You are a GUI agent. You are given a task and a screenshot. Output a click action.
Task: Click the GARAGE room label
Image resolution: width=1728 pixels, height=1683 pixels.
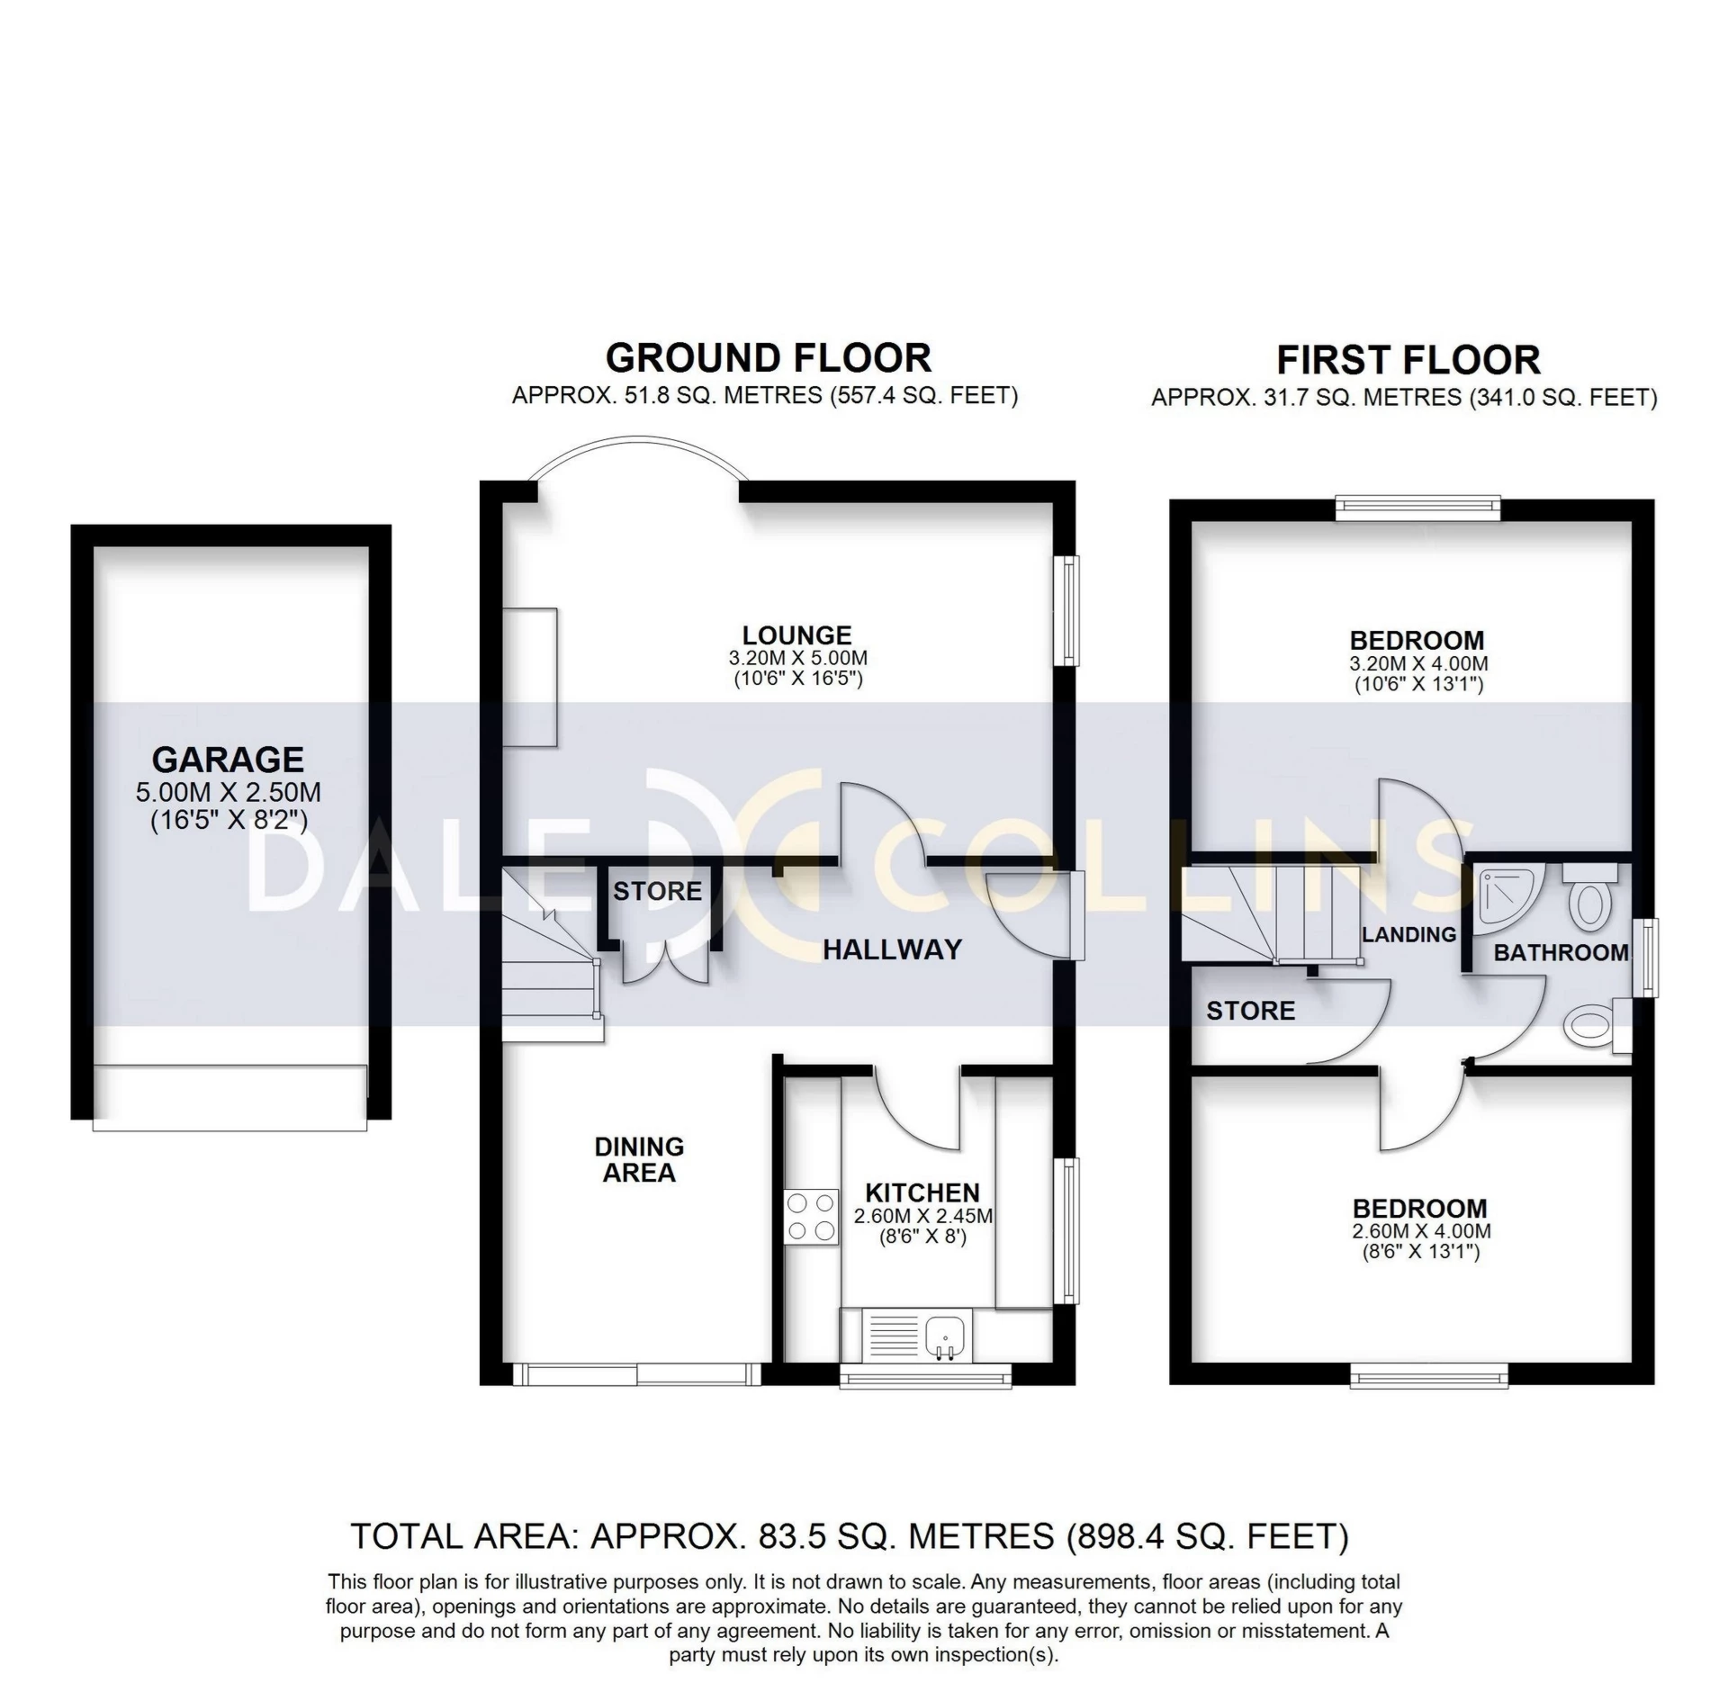tap(228, 760)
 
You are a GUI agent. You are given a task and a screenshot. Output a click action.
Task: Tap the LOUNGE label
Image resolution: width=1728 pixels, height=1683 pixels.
tap(796, 635)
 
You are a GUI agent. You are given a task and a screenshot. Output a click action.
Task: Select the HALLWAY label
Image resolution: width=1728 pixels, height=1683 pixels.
tap(892, 949)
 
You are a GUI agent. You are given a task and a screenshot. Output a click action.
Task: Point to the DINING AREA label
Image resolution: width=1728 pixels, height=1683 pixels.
tap(639, 1159)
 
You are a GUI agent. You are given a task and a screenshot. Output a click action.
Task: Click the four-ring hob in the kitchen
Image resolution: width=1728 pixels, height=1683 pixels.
tap(810, 1217)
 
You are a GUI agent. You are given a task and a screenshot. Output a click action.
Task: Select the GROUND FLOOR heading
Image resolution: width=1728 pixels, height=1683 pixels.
tap(768, 358)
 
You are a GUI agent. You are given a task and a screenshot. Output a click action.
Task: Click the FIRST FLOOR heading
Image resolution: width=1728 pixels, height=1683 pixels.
tap(1408, 360)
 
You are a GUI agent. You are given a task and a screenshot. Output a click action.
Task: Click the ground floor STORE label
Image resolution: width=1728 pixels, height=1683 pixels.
tap(657, 891)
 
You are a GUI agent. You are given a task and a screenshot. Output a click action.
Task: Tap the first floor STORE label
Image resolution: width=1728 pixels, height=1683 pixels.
tap(1250, 1011)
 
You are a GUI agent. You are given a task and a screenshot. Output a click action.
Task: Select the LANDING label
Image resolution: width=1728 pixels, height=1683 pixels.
tap(1408, 934)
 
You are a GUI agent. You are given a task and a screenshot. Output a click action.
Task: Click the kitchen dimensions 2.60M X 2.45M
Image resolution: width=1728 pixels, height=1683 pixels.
tap(922, 1217)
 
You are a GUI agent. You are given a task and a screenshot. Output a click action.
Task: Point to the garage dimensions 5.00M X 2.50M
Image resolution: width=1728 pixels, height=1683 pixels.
tap(228, 793)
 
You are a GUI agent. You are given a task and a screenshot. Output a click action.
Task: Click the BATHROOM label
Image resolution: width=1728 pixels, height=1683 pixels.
tap(1561, 952)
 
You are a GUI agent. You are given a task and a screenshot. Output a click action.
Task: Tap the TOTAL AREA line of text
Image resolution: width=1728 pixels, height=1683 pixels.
tap(849, 1536)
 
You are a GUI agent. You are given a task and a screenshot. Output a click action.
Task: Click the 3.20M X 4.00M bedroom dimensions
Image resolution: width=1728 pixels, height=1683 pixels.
tap(1417, 664)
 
